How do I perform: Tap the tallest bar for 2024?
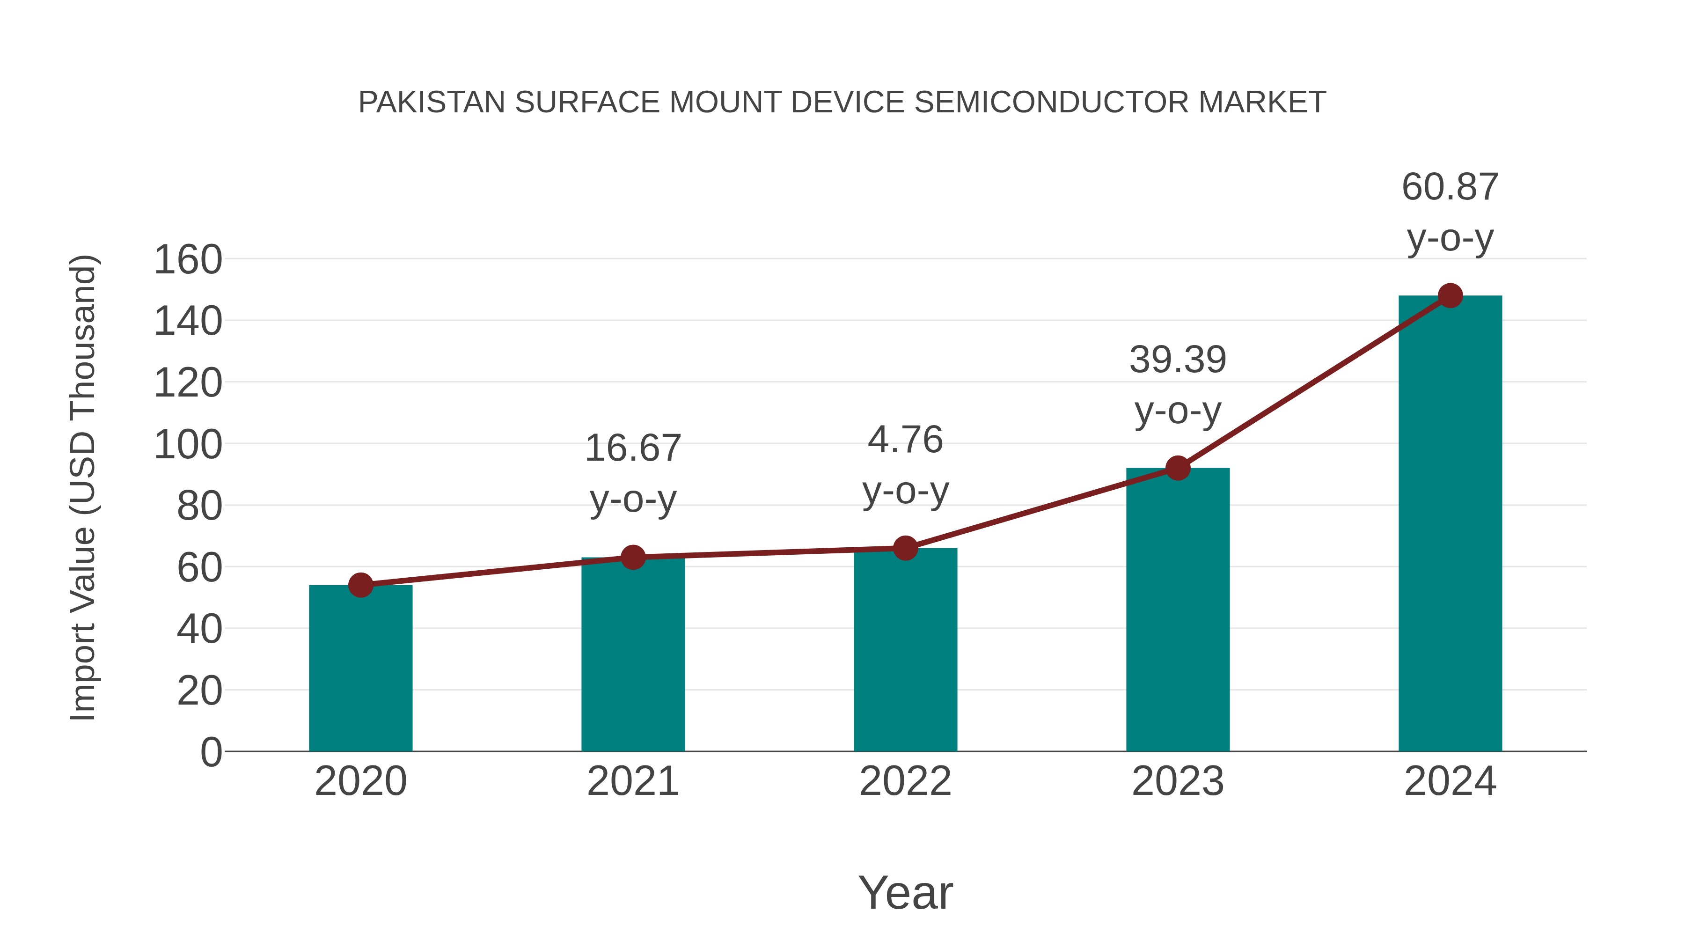pos(1450,523)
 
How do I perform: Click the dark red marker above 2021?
pos(632,558)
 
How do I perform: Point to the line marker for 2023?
pos(1178,468)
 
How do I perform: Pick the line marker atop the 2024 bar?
pos(1450,296)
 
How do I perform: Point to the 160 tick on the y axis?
pos(188,260)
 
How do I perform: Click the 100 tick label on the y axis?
pos(188,445)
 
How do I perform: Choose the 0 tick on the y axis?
pos(211,752)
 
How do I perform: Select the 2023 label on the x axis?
pos(1178,781)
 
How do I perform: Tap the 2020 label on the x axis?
pos(360,781)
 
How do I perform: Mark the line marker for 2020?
pos(360,585)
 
